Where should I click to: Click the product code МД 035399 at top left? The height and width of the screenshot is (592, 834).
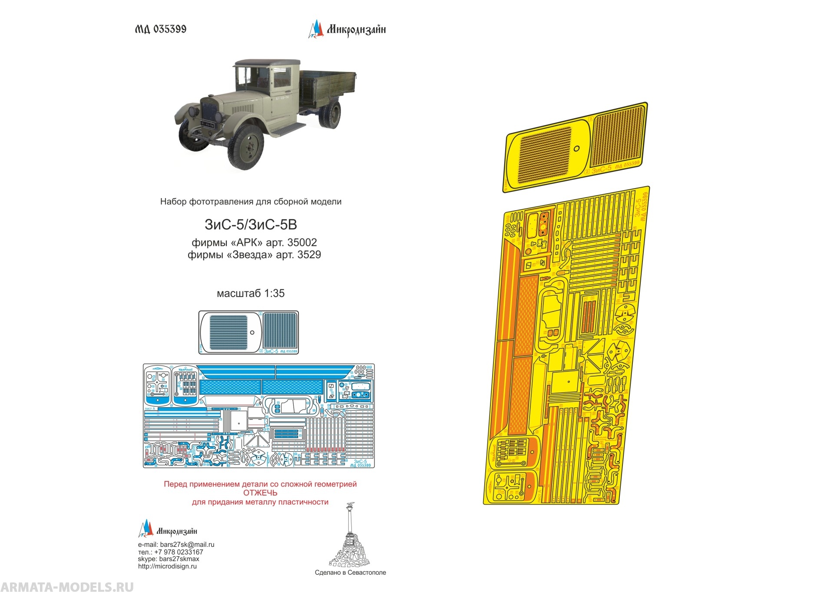(x=160, y=29)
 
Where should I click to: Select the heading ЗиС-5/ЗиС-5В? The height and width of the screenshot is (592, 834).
(x=251, y=225)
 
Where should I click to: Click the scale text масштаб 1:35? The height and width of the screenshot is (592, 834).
(x=251, y=293)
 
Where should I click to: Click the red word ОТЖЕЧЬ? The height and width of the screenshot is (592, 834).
(x=260, y=493)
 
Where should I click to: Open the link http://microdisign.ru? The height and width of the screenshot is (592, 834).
(x=167, y=566)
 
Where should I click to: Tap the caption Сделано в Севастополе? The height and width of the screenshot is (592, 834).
(x=350, y=572)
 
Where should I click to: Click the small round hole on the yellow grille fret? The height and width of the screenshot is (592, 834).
(x=576, y=149)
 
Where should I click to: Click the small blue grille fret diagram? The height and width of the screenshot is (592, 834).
(x=248, y=332)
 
